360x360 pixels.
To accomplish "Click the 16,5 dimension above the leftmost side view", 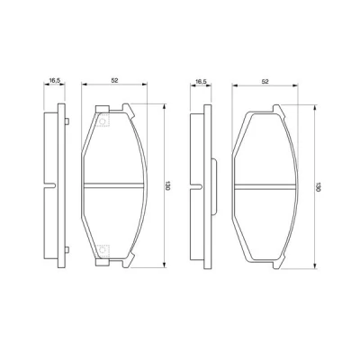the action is [55, 80].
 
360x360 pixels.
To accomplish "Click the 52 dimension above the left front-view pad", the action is [114, 80].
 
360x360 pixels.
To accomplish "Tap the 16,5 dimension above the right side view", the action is [201, 81].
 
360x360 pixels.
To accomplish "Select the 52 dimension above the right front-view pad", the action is [265, 81].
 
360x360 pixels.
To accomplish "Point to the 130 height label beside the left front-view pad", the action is [167, 186].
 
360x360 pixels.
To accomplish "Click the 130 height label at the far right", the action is [318, 186].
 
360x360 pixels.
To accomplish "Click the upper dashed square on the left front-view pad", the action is [103, 121].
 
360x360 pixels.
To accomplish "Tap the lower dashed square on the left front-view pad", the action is [103, 251].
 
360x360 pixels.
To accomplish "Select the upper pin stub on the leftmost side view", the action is [67, 121].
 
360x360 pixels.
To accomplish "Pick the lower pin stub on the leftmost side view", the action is [67, 249].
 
